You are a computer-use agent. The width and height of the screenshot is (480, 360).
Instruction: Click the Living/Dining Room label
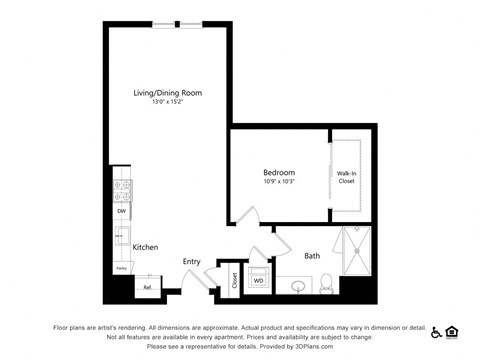(x=167, y=93)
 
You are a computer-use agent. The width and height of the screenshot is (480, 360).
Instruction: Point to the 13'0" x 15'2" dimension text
(x=167, y=102)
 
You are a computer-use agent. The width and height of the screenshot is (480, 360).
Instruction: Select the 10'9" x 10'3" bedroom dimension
(x=279, y=182)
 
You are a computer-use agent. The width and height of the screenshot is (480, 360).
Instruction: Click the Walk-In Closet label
(x=346, y=177)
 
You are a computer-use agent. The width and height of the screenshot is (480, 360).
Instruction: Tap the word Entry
(x=192, y=262)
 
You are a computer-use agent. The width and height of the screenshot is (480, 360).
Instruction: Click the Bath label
(x=312, y=256)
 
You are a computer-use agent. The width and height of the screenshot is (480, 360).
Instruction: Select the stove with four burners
(x=121, y=189)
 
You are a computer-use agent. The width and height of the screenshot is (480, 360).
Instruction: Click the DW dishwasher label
(x=121, y=211)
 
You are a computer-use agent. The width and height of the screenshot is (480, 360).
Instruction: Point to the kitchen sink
(x=120, y=238)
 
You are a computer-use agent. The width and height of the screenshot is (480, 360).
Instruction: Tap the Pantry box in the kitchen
(x=121, y=268)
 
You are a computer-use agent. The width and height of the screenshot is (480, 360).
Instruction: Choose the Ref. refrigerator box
(x=147, y=287)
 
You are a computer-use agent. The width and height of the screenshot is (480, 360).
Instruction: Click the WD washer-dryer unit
(x=258, y=280)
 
